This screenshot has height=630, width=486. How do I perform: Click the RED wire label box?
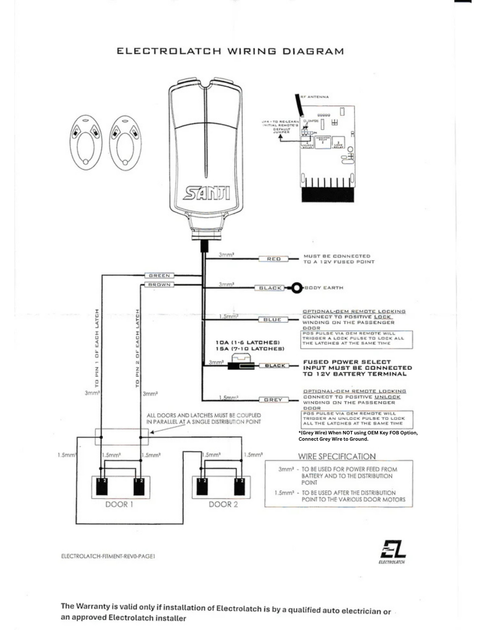pyautogui.click(x=273, y=259)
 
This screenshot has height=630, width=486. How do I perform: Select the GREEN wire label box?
pyautogui.click(x=159, y=275)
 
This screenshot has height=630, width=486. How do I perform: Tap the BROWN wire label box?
pyautogui.click(x=159, y=285)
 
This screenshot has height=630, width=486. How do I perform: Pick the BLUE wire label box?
pyautogui.click(x=273, y=320)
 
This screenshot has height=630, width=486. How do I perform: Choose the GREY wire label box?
pyautogui.click(x=273, y=400)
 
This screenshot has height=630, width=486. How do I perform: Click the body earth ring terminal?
pyautogui.click(x=297, y=288)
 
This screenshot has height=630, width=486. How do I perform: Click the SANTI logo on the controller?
pyautogui.click(x=207, y=193)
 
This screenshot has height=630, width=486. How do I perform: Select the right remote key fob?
pyautogui.click(x=125, y=143)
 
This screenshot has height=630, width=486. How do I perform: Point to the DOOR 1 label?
pyautogui.click(x=119, y=504)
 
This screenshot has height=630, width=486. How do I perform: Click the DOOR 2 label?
pyautogui.click(x=223, y=504)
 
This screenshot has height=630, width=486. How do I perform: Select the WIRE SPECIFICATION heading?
pyautogui.click(x=337, y=457)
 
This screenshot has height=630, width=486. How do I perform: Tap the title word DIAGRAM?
pyautogui.click(x=313, y=52)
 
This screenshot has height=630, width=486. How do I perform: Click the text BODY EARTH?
pyautogui.click(x=324, y=288)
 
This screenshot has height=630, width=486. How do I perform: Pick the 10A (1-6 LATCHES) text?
pyautogui.click(x=248, y=342)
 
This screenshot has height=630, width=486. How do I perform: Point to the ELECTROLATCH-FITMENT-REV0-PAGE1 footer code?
pyautogui.click(x=108, y=556)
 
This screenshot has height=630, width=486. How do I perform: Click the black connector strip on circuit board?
pyautogui.click(x=328, y=195)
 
